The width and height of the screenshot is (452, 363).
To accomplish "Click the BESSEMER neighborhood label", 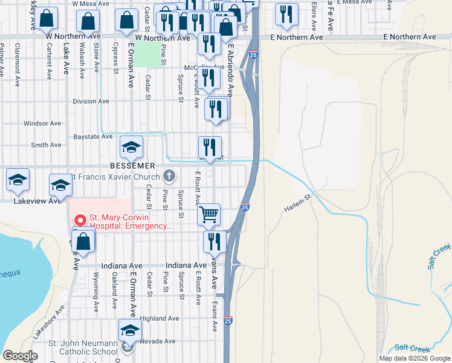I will click(132, 165).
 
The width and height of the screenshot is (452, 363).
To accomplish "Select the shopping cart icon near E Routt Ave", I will click(208, 214).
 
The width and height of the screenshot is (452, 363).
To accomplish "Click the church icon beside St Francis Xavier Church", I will click(170, 177).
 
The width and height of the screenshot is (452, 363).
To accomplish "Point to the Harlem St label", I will click(297, 202).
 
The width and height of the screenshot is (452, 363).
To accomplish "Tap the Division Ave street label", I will click(90, 102).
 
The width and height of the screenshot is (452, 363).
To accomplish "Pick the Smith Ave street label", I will click(46, 145).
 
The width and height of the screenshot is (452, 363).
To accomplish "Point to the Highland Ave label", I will click(160, 318).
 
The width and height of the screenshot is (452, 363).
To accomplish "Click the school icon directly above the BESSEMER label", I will click(131, 147).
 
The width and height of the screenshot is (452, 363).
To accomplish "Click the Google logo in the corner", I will click(21, 356).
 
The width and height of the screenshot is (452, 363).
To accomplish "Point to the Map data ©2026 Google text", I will click(415, 358).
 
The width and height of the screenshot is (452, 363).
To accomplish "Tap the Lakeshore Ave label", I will click(48, 324).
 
